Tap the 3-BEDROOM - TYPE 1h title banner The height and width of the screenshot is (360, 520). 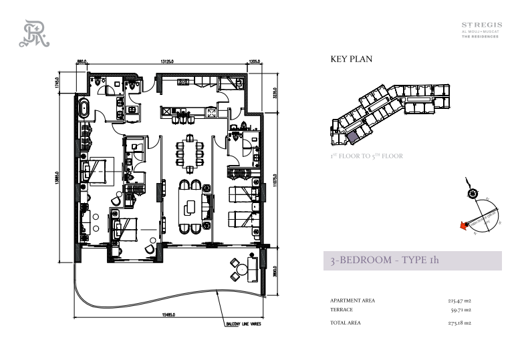tap(412, 261)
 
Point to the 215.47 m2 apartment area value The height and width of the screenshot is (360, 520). tap(459, 301)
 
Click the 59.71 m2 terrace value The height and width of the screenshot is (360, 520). tap(461, 310)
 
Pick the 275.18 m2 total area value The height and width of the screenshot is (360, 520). tap(459, 323)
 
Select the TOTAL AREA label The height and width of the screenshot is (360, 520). tap(346, 323)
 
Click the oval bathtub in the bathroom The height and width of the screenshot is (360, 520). tap(85, 110)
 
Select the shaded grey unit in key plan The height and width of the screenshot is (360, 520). tap(352, 136)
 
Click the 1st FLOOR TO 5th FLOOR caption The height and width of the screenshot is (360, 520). tap(367, 156)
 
